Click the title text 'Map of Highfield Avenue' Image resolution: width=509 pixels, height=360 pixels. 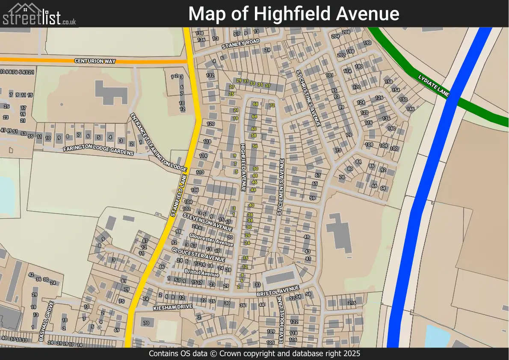tap(294, 14)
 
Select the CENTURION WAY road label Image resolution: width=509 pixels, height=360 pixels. tap(95, 61)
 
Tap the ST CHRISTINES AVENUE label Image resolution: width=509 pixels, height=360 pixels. tap(308, 98)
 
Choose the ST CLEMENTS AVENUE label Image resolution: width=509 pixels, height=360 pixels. tap(281, 187)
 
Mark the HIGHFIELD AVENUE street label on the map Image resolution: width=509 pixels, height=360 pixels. tap(243, 167)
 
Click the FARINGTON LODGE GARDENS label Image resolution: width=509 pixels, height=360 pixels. tap(98, 150)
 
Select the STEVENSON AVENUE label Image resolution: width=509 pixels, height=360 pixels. tap(207, 221)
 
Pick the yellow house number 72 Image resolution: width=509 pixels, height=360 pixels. tap(272, 105)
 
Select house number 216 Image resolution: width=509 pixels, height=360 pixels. tap(352, 303)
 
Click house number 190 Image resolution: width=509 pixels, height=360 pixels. tap(367, 43)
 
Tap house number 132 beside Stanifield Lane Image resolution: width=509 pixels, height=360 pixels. tap(210, 75)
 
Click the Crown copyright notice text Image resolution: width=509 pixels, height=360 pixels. tap(254, 354)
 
